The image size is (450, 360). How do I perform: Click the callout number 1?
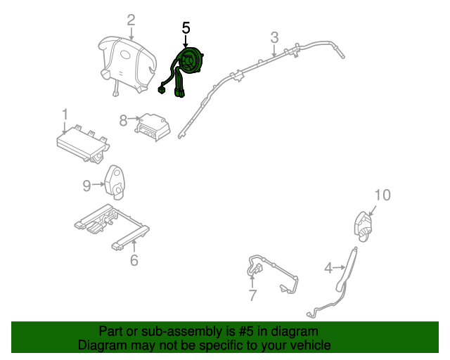coord(65,114)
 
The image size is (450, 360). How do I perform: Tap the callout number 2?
coord(131,20)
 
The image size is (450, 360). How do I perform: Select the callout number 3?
coord(274,37)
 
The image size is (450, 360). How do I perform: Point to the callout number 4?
coord(328,267)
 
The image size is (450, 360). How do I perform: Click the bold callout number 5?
coord(186,28)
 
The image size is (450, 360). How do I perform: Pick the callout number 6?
coord(134,261)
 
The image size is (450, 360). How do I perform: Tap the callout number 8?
coord(124,121)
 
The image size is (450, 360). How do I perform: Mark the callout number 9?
coord(86,185)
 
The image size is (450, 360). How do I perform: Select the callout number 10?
coord(382,195)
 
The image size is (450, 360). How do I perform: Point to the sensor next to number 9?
coord(116,179)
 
